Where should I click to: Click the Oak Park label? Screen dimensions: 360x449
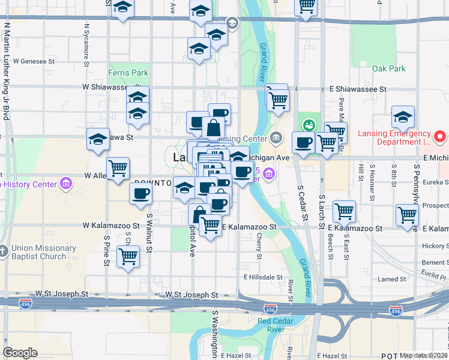tap(389, 69)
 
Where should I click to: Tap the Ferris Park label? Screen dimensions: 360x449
tap(128, 73)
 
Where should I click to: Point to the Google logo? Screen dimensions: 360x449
tap(20, 353)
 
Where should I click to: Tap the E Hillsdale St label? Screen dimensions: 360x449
tap(262, 277)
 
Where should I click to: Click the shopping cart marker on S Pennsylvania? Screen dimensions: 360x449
tap(408, 215)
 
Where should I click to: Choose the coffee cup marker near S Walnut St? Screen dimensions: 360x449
tap(141, 193)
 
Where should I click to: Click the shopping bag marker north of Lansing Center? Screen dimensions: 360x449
tap(214, 128)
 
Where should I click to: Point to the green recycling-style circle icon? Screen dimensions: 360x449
tap(309, 125)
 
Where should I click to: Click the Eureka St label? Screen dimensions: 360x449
tap(436, 181)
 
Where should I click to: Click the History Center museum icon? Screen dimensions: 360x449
tap(67, 182)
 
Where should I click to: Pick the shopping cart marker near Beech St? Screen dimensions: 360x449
tap(344, 211)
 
